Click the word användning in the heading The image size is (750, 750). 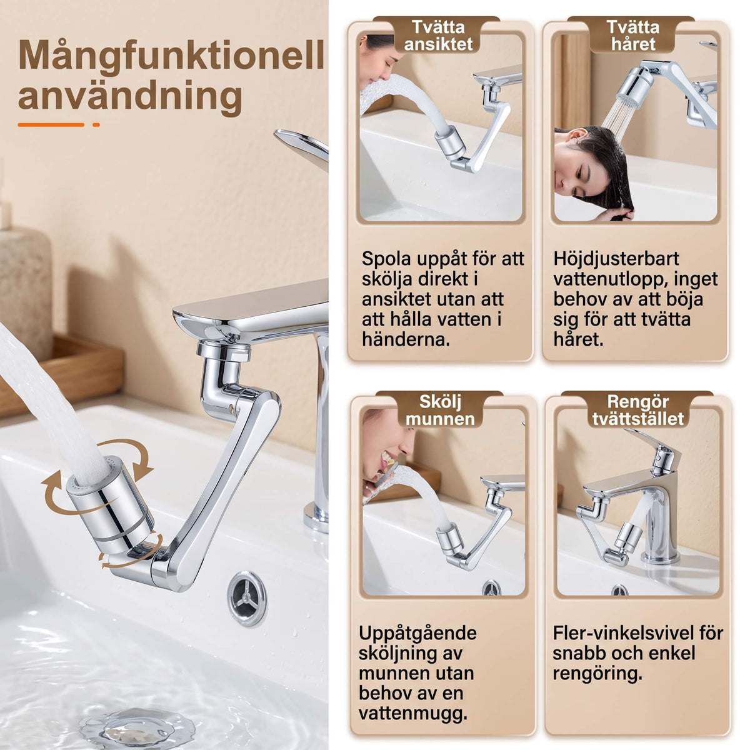tap(130, 96)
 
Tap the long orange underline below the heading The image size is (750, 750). tap(51, 125)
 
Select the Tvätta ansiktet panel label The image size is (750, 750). tap(438, 36)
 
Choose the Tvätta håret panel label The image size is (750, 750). tap(633, 36)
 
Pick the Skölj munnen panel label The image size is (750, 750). tap(440, 410)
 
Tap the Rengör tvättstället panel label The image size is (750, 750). tap(637, 410)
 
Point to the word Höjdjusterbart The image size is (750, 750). tap(616, 259)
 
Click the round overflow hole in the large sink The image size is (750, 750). tap(247, 599)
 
